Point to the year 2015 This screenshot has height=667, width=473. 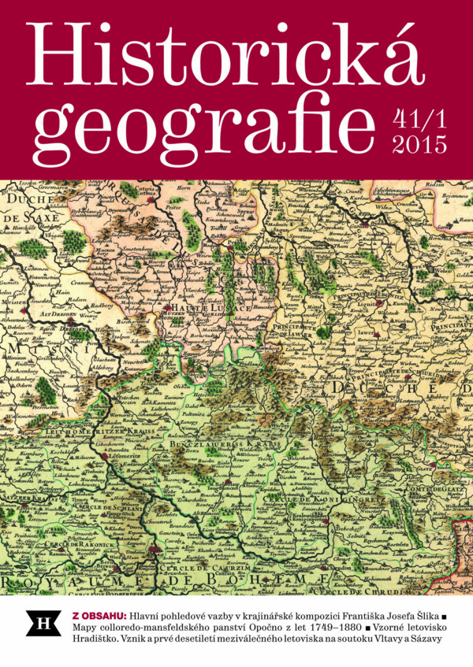[418, 145]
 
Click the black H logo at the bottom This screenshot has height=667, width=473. [39, 623]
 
